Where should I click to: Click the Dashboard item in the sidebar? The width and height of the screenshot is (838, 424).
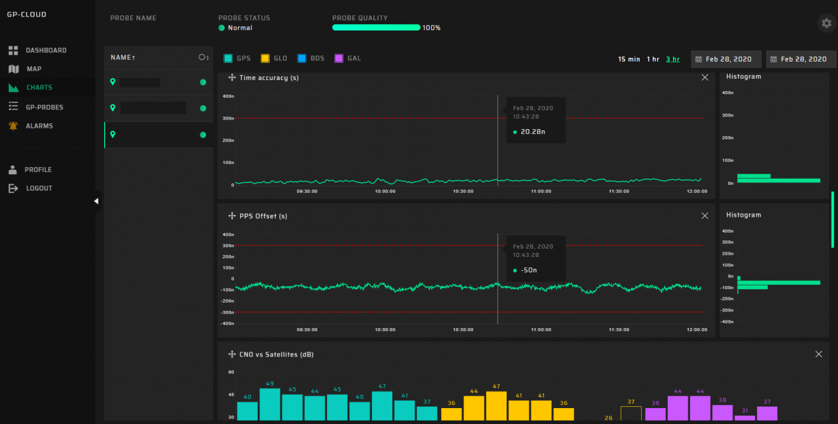point(45,50)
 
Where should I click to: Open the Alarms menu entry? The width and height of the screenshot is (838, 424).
point(39,126)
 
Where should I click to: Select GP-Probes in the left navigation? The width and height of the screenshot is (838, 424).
point(44,107)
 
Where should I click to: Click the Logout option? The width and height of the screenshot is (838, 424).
point(39,188)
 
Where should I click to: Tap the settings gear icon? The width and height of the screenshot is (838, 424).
point(826,24)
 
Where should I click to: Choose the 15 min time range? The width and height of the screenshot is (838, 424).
point(629,59)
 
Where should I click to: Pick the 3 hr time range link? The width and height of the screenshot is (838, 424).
point(672,59)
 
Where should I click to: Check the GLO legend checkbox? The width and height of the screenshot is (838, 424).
point(265,58)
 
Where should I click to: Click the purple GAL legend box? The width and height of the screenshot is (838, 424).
point(339,58)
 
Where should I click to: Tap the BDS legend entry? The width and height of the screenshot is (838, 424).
point(302,58)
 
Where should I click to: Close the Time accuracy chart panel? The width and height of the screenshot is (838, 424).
point(705,78)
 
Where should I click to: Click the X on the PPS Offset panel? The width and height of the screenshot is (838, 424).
point(705,216)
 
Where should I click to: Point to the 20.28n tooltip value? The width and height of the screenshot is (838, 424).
point(533,132)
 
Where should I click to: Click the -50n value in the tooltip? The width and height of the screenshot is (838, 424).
point(529,270)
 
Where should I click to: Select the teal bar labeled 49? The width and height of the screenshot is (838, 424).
point(270,404)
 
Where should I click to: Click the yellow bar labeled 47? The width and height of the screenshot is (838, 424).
point(496,406)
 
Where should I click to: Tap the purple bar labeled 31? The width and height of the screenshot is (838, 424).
point(745,418)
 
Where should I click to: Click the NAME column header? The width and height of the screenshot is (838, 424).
point(123,58)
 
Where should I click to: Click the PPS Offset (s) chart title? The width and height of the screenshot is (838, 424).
point(263,216)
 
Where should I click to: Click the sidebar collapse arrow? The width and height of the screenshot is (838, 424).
point(96,202)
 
